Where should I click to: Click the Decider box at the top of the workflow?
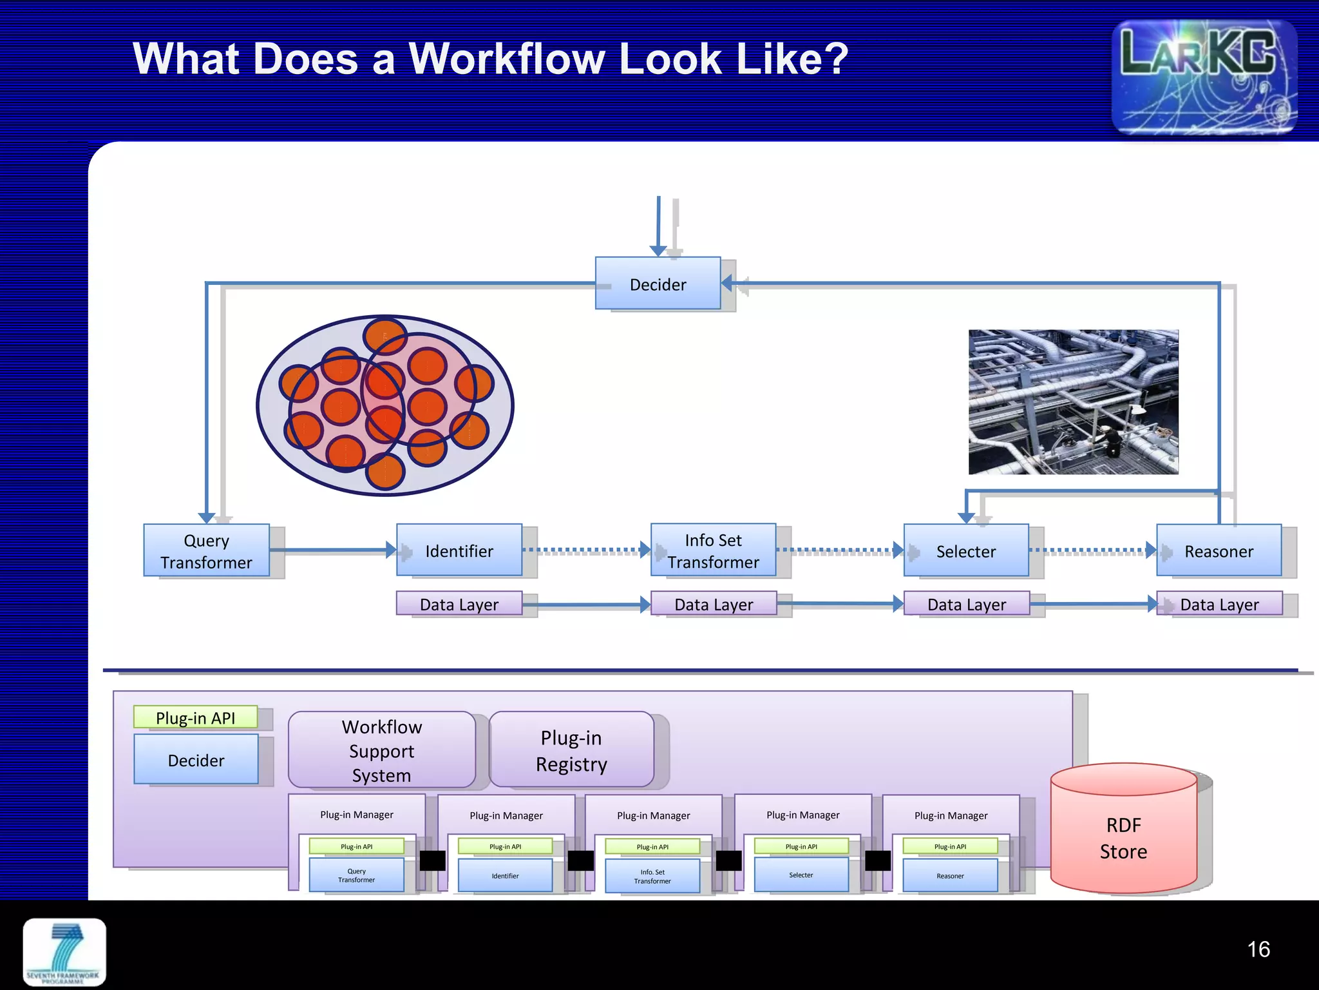pyautogui.click(x=658, y=284)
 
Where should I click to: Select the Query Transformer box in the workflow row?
pyautogui.click(x=206, y=550)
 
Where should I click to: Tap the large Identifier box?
pyautogui.click(x=459, y=550)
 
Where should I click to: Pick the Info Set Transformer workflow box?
pyautogui.click(x=713, y=550)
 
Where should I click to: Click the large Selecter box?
pyautogui.click(x=965, y=551)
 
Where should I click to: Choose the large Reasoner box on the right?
pyautogui.click(x=1219, y=551)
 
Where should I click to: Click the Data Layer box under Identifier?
pyautogui.click(x=459, y=604)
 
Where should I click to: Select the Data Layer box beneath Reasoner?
pyautogui.click(x=1219, y=604)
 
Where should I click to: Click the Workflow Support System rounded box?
pyautogui.click(x=382, y=750)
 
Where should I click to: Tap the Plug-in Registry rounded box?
pyautogui.click(x=571, y=750)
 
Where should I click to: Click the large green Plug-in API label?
pyautogui.click(x=195, y=717)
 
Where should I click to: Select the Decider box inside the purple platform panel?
pyautogui.click(x=196, y=760)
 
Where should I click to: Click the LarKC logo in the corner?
pyautogui.click(x=1203, y=76)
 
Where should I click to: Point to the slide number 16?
pyautogui.click(x=1258, y=949)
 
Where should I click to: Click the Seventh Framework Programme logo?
pyautogui.click(x=64, y=952)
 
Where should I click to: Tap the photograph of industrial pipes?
pyautogui.click(x=1073, y=402)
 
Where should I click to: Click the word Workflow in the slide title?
pyautogui.click(x=507, y=59)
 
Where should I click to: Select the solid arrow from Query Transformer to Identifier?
pyautogui.click(x=332, y=550)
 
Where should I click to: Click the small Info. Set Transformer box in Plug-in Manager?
pyautogui.click(x=652, y=876)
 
